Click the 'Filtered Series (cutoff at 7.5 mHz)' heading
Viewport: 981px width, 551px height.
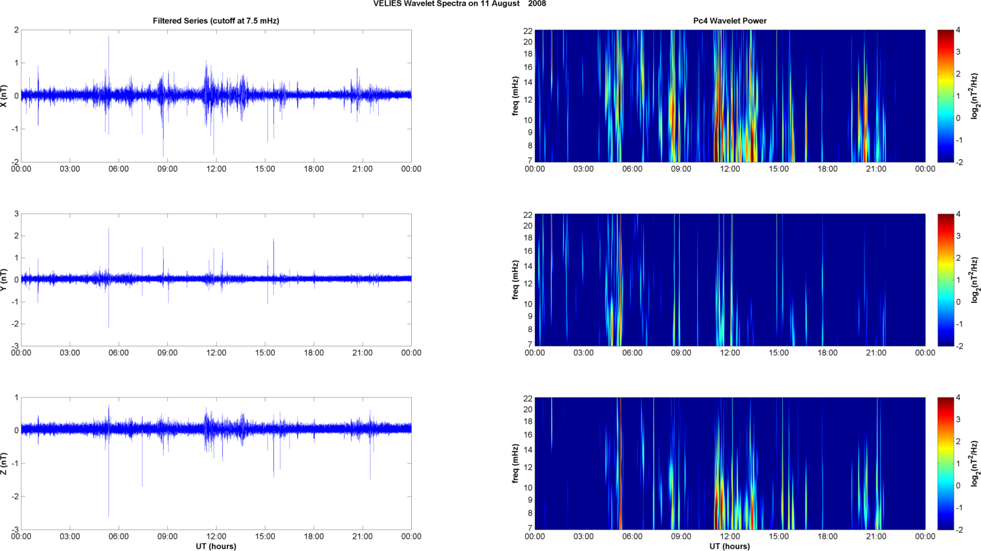coord(216,21)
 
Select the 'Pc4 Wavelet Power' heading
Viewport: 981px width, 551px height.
coord(730,21)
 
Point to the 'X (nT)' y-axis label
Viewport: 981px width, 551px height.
coord(5,96)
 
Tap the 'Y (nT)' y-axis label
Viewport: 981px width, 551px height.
coord(5,280)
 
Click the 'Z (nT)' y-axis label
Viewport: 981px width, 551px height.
coord(5,464)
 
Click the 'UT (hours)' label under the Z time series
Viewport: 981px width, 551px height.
coord(216,546)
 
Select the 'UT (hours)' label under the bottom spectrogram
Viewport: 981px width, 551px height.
coord(730,546)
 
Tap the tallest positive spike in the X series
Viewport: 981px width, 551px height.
coord(109,37)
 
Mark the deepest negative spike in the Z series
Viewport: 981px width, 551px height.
coord(109,516)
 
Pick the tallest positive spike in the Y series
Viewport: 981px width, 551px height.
coord(109,229)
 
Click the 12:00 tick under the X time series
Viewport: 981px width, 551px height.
coord(216,169)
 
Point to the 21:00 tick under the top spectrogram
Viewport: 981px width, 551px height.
coord(876,169)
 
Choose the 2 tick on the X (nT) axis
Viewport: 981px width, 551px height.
coord(16,30)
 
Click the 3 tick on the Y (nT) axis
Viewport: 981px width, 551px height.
coord(16,214)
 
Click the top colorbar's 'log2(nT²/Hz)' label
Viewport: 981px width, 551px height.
coord(975,96)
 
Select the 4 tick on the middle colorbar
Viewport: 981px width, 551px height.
coord(958,214)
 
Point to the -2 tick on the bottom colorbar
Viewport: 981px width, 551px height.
coord(958,530)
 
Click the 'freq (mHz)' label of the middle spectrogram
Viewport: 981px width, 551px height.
coord(515,280)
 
